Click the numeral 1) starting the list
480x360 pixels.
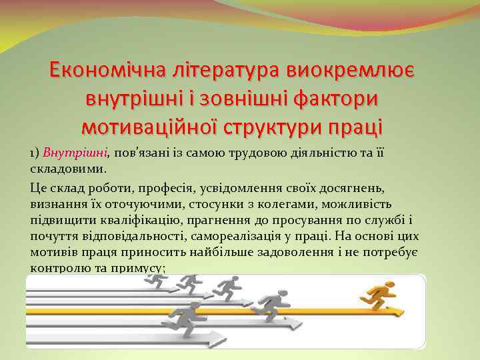35,154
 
